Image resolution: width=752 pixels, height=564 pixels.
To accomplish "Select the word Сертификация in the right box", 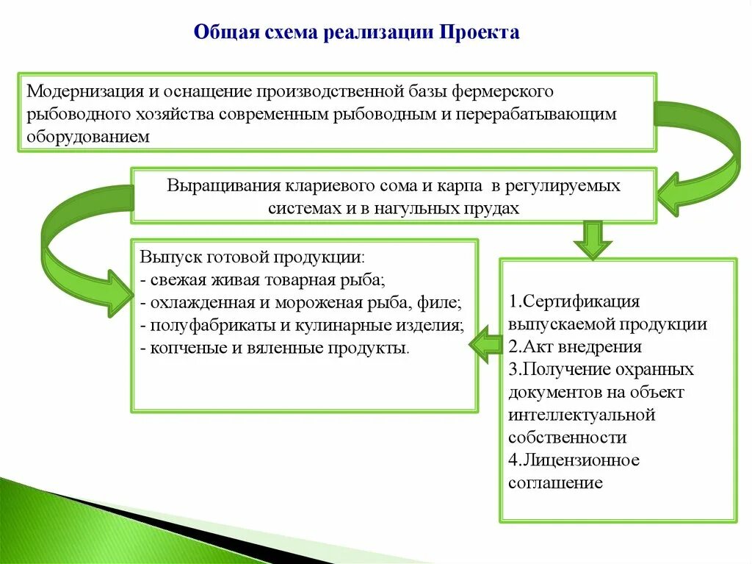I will point(580,301).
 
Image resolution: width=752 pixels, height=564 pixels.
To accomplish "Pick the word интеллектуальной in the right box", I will point(581,415).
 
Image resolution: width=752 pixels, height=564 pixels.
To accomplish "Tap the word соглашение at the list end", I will point(554,483).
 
